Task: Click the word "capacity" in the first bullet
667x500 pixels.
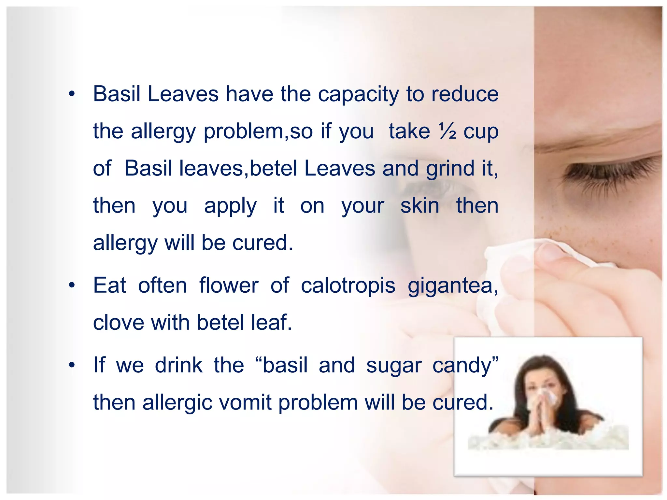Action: [358, 94]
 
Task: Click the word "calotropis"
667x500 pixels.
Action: [348, 285]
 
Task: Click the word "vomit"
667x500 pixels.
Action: [245, 402]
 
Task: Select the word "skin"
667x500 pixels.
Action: [420, 206]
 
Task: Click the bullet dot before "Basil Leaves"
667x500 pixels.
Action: [72, 95]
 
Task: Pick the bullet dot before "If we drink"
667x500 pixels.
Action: [72, 366]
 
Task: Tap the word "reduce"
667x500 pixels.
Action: [465, 94]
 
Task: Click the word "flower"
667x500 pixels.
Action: [229, 285]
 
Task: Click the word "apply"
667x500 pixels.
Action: [230, 206]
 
